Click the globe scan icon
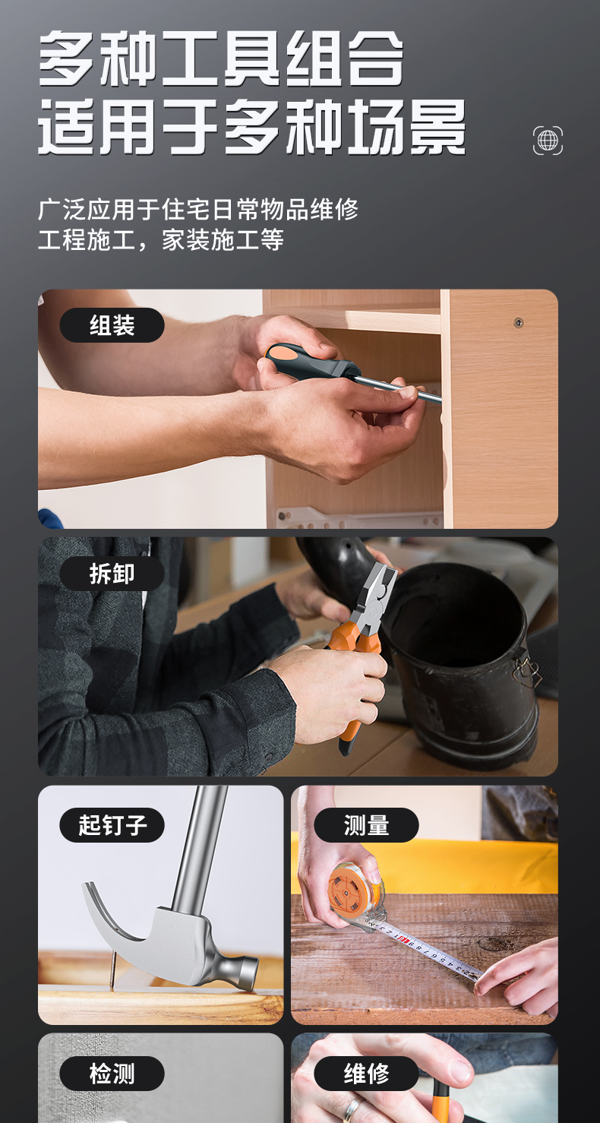(x=548, y=141)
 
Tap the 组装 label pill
(x=112, y=325)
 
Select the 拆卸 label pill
(x=112, y=573)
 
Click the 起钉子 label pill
(x=112, y=824)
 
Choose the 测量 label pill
(x=366, y=824)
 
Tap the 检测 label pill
(x=112, y=1074)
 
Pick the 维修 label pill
(x=366, y=1074)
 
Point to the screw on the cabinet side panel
(x=519, y=322)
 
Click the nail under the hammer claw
(x=112, y=970)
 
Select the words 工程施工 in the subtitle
(x=87, y=239)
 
